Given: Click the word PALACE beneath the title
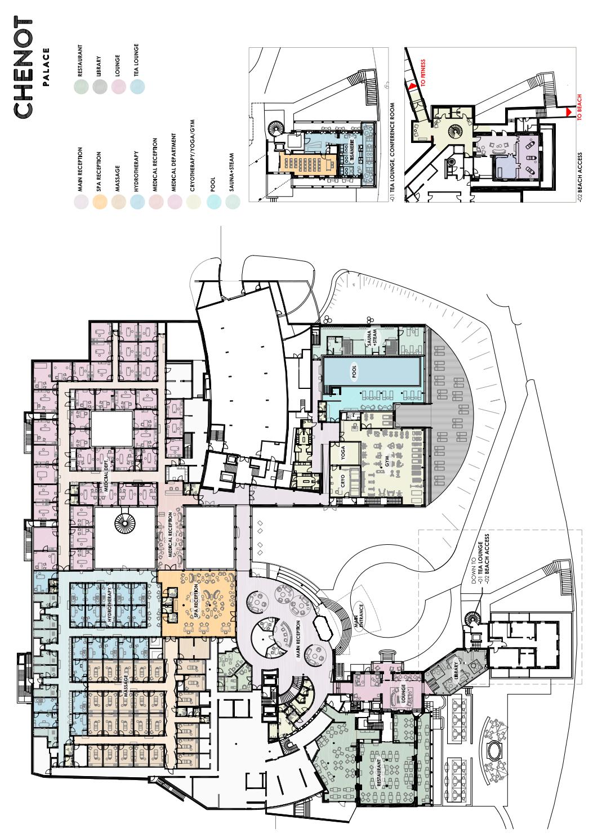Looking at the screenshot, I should pos(47,68).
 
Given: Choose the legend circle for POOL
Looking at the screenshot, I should pos(213,201).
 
